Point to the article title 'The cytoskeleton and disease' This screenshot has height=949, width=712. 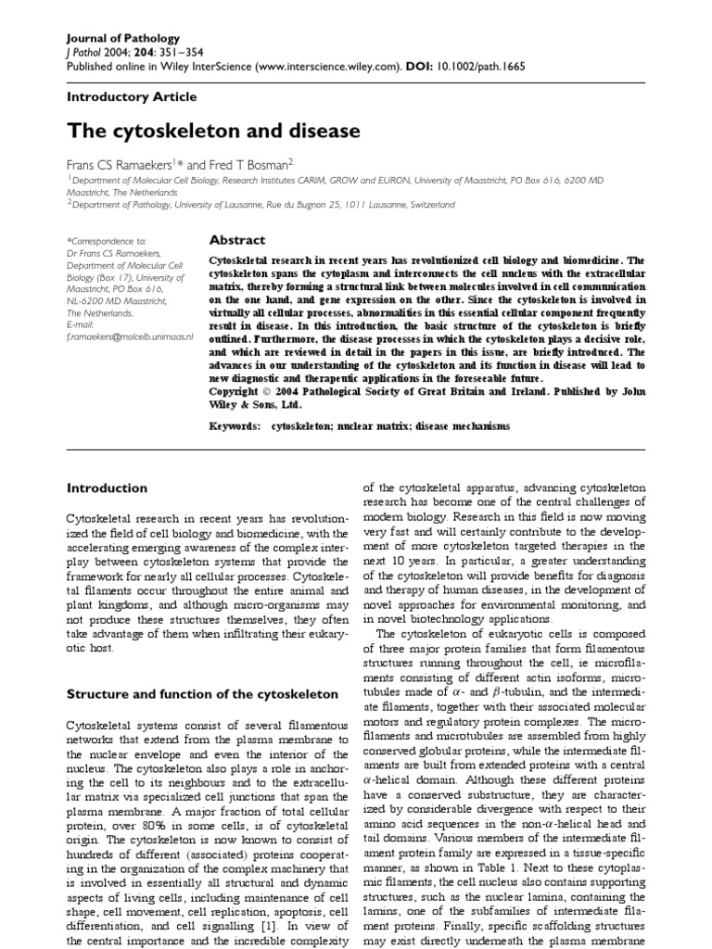[x=213, y=131]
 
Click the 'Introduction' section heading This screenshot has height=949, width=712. [x=108, y=488]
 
